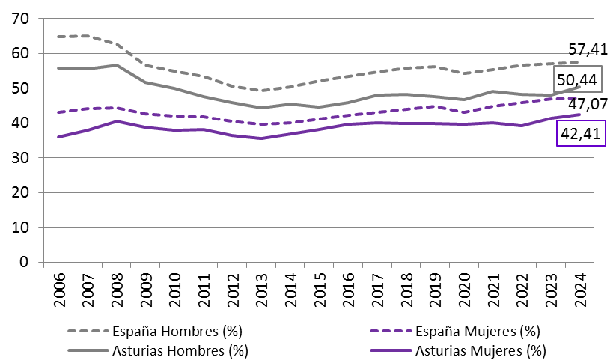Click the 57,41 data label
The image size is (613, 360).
tap(587, 49)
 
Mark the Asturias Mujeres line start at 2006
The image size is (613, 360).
tap(58, 137)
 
